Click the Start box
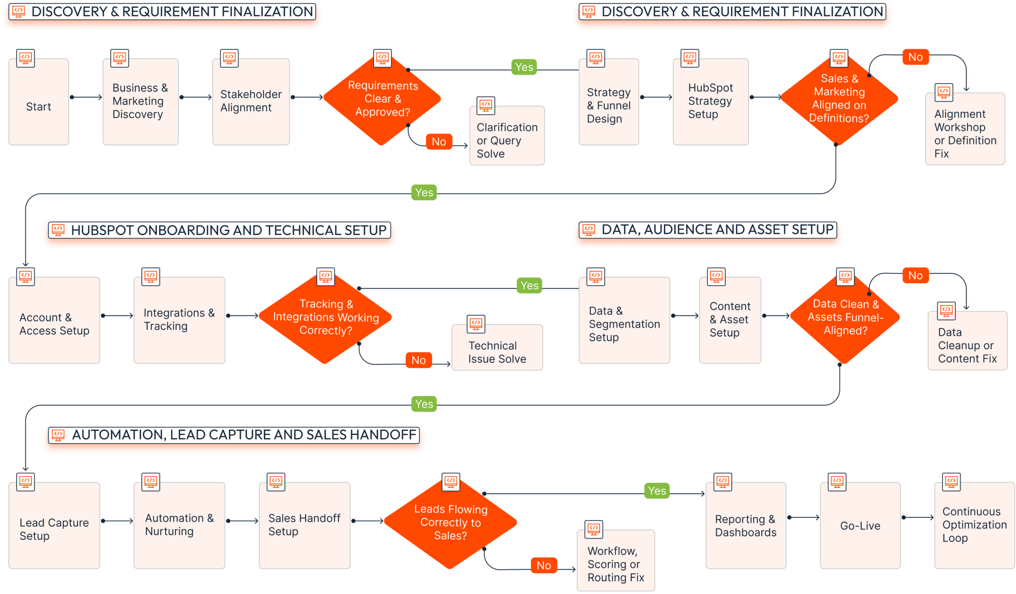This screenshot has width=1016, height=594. click(39, 102)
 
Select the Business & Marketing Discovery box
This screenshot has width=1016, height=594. click(140, 102)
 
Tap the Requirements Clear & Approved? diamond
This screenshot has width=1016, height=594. click(382, 99)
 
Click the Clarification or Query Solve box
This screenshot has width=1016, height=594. click(507, 135)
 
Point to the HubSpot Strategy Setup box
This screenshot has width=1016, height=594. click(710, 102)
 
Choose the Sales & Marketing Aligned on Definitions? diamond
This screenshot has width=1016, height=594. click(839, 98)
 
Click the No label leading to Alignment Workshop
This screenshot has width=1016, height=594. click(915, 57)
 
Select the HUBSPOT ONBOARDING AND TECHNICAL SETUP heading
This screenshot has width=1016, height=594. click(220, 230)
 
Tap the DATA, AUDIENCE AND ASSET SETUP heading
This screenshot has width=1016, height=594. click(708, 230)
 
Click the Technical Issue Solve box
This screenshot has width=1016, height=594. click(497, 347)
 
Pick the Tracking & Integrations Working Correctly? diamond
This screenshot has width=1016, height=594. click(325, 317)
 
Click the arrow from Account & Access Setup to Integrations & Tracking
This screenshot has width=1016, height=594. click(117, 316)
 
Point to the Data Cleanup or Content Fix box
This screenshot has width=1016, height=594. click(967, 340)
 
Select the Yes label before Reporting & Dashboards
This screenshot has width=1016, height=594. click(657, 491)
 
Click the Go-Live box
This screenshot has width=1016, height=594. click(860, 525)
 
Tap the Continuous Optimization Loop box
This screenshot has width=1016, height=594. click(974, 525)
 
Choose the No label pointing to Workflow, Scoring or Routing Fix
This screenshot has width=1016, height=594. click(544, 565)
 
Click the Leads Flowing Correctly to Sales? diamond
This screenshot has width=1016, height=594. click(450, 523)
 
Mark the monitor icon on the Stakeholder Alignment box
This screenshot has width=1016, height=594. click(229, 58)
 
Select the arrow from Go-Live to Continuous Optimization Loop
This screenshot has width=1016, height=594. click(918, 517)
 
